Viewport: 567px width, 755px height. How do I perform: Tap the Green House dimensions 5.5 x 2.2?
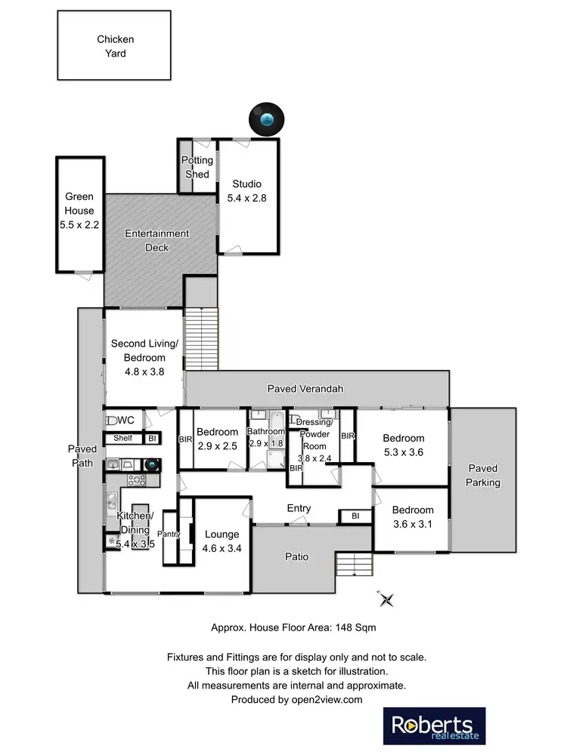(79, 224)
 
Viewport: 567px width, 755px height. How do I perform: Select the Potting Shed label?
(197, 167)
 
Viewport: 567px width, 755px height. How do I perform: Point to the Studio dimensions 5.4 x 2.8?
(247, 198)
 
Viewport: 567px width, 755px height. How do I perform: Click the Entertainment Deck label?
(157, 240)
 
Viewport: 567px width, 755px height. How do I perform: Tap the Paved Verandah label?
(305, 389)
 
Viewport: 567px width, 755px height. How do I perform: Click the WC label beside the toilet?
(126, 420)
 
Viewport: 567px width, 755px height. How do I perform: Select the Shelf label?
(122, 438)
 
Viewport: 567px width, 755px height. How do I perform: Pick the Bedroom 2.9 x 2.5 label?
(217, 439)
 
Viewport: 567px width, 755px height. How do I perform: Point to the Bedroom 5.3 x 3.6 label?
(403, 445)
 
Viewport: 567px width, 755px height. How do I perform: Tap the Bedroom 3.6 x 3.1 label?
(413, 516)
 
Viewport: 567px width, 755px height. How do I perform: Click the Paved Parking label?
(483, 475)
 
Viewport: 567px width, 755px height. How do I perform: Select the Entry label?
(299, 508)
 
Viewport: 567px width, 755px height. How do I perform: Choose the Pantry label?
(169, 534)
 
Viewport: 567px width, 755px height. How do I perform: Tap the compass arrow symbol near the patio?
(387, 599)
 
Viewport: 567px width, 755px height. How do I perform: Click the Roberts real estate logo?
(435, 726)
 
